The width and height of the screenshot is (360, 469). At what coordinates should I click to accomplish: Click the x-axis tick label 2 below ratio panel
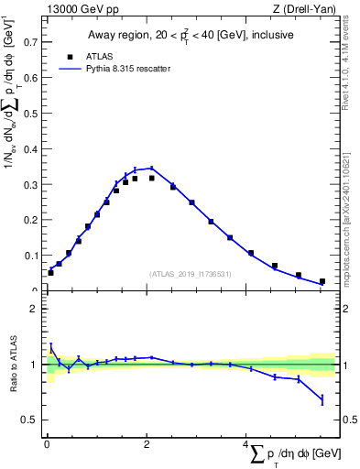147,445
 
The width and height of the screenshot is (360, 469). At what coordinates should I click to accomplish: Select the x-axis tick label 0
47,445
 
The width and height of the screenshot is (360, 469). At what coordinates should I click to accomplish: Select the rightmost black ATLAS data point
322,281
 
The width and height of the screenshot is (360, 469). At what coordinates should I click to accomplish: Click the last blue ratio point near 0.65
322,399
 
